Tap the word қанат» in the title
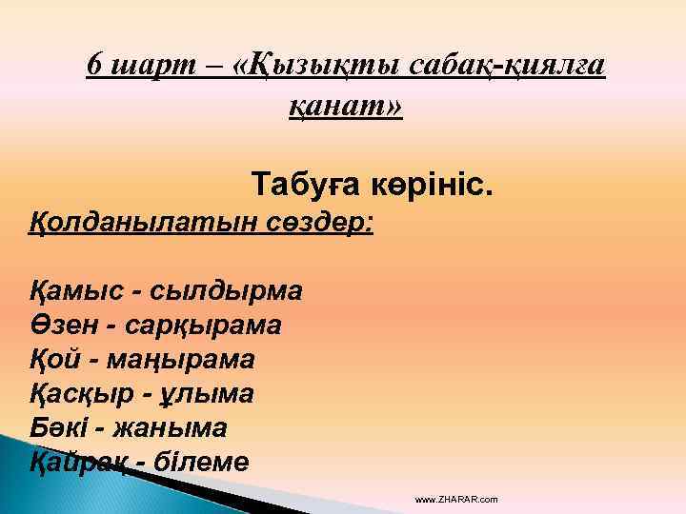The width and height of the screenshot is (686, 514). [346, 106]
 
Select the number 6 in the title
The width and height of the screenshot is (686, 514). [93, 65]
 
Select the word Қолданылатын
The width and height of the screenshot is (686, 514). [124, 225]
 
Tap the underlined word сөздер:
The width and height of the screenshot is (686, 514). [319, 225]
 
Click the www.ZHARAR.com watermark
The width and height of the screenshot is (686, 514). [456, 500]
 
